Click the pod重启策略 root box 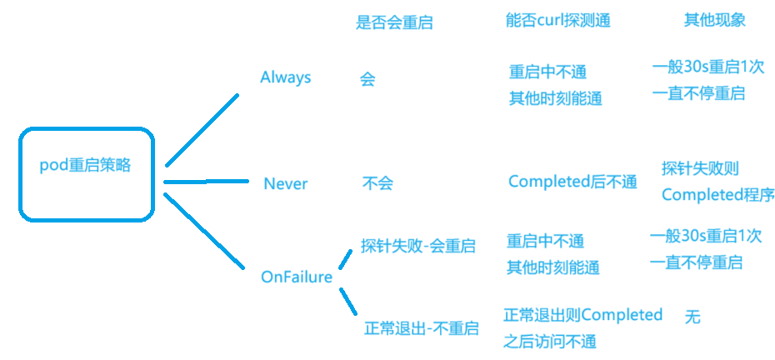[x=86, y=174]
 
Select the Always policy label [x=286, y=77]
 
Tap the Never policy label [x=286, y=183]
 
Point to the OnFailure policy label [x=297, y=277]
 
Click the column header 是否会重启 [x=394, y=22]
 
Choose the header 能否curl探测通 [x=557, y=20]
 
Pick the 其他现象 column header [x=714, y=20]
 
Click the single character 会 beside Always [x=367, y=80]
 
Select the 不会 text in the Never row [x=377, y=183]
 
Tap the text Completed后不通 [x=572, y=182]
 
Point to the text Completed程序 [x=717, y=195]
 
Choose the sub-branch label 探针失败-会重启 [x=418, y=247]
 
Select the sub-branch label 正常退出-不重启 [x=422, y=328]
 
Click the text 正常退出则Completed [x=583, y=315]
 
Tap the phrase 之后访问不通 [x=550, y=341]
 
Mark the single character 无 [x=692, y=317]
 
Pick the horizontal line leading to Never [x=207, y=181]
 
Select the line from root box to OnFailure [x=204, y=232]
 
